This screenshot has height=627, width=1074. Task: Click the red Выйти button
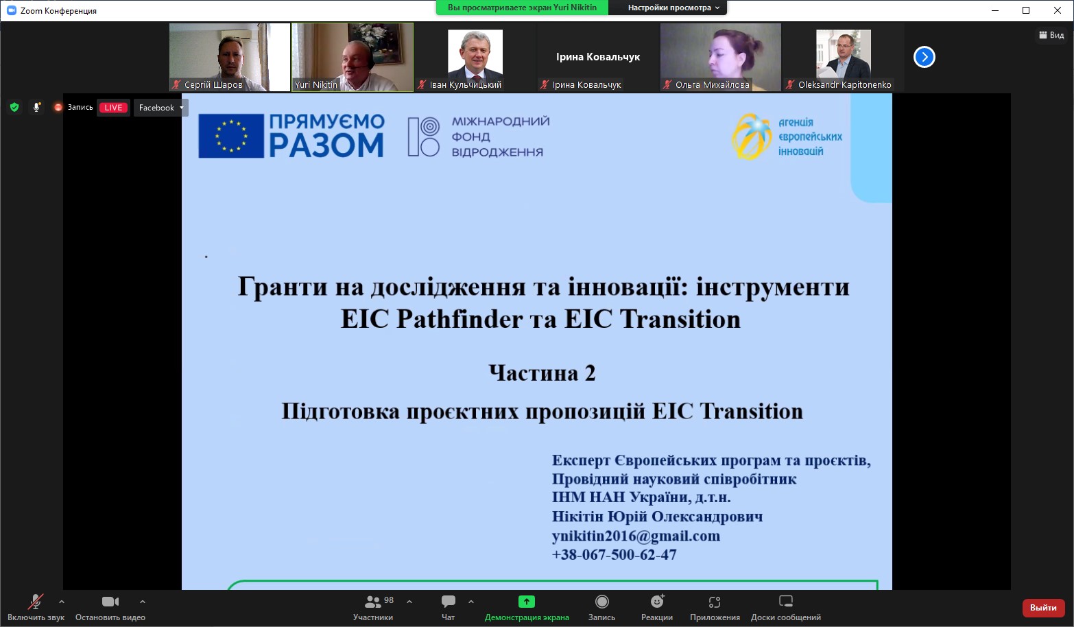[1043, 608]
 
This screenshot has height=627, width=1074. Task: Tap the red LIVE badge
[113, 108]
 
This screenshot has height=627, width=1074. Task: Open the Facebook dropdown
[160, 108]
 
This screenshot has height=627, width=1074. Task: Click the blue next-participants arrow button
[924, 57]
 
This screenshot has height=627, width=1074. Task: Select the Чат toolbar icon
[449, 601]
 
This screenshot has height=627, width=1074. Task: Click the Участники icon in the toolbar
[372, 602]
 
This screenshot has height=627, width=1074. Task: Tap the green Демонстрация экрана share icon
[527, 602]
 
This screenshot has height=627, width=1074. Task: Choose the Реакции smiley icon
[657, 601]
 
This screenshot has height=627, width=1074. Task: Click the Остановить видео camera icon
[110, 602]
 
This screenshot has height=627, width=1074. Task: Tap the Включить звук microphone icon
[36, 602]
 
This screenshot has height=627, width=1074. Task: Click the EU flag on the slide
[231, 136]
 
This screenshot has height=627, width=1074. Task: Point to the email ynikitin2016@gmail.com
[636, 536]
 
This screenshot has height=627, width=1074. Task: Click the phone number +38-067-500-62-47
[614, 554]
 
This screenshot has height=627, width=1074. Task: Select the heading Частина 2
[542, 372]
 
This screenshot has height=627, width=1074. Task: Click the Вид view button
[1051, 35]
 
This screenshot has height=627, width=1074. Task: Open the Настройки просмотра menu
[673, 8]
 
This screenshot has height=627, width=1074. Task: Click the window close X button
[1057, 10]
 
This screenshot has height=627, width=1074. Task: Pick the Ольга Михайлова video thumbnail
[721, 57]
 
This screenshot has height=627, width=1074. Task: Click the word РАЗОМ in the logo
[326, 144]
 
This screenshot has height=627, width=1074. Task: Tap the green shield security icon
[14, 108]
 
